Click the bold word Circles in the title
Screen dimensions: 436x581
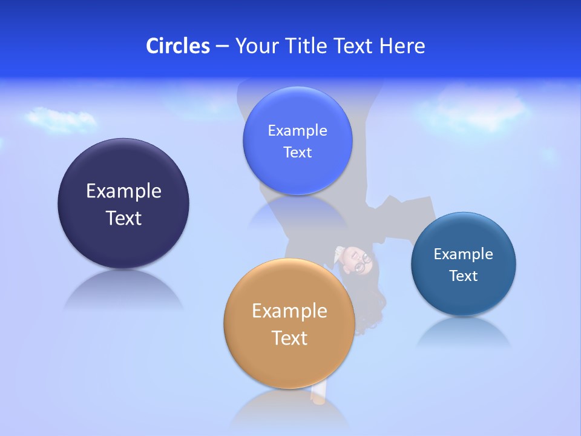click(178, 46)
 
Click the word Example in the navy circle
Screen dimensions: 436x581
click(123, 191)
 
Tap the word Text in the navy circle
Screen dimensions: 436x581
click(123, 218)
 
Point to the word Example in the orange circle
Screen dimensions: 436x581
click(289, 311)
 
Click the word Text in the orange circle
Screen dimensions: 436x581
click(289, 338)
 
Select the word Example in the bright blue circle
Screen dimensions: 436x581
click(297, 130)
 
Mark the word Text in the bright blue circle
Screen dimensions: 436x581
click(297, 152)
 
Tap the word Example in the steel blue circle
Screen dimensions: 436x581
click(464, 254)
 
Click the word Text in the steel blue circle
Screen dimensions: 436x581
click(464, 276)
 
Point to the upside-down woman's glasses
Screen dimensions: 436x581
click(362, 261)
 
